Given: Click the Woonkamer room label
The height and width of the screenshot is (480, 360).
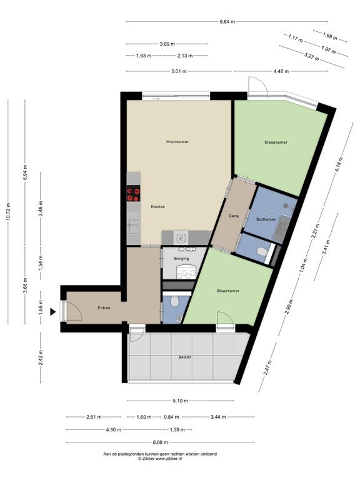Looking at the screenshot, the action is click(177, 142).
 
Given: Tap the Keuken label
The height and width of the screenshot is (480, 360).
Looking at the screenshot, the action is click(158, 207).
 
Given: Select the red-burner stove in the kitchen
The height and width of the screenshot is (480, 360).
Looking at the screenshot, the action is click(134, 193).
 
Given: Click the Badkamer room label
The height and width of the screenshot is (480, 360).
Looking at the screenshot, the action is click(266, 219).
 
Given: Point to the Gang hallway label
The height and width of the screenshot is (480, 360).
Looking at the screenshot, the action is click(233, 216).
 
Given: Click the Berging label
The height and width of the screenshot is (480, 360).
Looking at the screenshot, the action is click(181, 258).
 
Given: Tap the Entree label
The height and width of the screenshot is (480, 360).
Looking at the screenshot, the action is click(104, 307).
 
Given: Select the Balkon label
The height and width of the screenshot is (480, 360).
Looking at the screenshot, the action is click(185, 357).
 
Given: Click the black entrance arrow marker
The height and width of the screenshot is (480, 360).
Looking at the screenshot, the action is click(53, 312).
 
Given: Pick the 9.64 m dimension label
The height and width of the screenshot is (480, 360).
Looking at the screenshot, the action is click(227, 21).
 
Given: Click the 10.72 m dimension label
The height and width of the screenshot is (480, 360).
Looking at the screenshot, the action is click(8, 211).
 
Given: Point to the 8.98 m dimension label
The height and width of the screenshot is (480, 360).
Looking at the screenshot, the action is click(160, 442).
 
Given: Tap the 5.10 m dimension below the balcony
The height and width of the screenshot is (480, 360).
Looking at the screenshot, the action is click(180, 401).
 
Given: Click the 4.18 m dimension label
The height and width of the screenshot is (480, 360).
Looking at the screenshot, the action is click(339, 164).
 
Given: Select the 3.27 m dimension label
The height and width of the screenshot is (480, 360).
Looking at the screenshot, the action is click(312, 57).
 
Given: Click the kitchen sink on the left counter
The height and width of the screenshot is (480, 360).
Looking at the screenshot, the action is click(134, 226).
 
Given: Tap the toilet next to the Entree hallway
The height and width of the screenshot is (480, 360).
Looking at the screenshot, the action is click(175, 301).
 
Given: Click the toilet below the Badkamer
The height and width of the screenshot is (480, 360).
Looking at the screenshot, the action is click(262, 252).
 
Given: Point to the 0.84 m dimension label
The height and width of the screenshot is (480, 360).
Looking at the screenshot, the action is click(171, 417).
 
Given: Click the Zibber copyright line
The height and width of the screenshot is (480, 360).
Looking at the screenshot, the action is click(160, 459).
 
